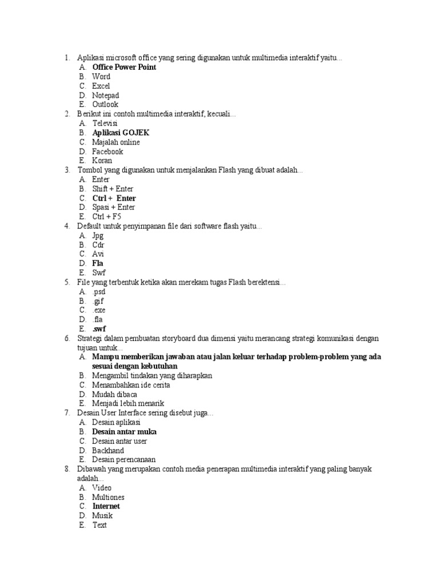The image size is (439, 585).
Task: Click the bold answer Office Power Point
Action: pos(123,67)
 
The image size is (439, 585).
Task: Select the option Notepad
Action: pos(105,95)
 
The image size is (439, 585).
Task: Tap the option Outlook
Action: pos(105,105)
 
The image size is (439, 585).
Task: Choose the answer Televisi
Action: pos(105,123)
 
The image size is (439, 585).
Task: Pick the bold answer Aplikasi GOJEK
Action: pos(121,133)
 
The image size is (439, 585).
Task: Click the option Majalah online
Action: pos(115,142)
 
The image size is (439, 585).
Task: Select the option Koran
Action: pos(102,161)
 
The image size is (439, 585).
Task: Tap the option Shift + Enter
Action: pos(113,189)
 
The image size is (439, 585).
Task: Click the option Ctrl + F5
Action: pos(106,217)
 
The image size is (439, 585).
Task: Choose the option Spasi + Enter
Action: pos(113,207)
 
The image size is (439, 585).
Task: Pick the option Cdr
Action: pos(98,245)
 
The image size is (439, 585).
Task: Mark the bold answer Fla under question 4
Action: pos(98,263)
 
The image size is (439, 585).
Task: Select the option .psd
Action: pos(100,291)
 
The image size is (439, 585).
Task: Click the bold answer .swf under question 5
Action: pos(99,329)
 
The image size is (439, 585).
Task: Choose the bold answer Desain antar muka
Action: pos(124,432)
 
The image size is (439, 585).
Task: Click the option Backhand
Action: pos(107,450)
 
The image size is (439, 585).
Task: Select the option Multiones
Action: pos(108,497)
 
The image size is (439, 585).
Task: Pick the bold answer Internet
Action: pos(106,506)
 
